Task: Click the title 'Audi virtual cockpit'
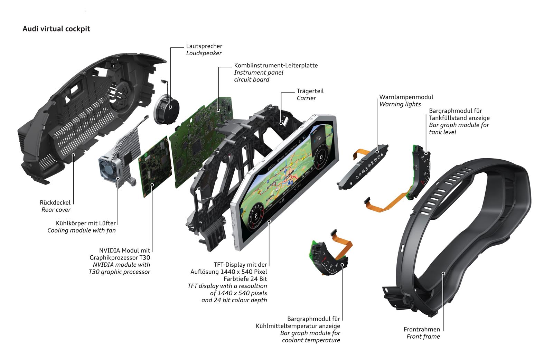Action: click(x=56, y=29)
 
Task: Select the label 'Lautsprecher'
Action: click(x=204, y=46)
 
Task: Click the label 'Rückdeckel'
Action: click(x=55, y=203)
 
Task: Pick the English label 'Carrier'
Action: click(x=306, y=98)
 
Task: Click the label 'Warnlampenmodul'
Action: click(x=406, y=97)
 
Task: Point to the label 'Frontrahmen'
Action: click(x=422, y=330)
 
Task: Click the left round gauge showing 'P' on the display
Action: click(x=255, y=216)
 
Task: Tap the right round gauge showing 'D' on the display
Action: click(x=321, y=157)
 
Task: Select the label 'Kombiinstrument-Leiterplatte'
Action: click(x=276, y=65)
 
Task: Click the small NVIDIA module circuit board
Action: click(x=155, y=165)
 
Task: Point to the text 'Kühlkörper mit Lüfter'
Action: click(x=86, y=224)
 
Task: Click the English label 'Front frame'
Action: click(x=423, y=337)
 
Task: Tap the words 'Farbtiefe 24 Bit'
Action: click(x=245, y=279)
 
